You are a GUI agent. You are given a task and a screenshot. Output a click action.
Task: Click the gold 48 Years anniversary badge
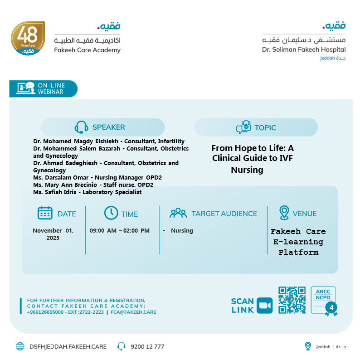28,39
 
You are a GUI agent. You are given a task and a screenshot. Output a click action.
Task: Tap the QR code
292,300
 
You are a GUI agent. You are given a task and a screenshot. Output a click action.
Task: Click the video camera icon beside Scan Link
264,305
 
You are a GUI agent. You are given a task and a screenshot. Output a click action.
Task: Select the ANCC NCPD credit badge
324,300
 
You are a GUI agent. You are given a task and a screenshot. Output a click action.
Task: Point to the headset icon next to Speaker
81,127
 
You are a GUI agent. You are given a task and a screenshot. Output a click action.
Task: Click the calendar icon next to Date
45,213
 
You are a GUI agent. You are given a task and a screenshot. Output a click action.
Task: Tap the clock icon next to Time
111,213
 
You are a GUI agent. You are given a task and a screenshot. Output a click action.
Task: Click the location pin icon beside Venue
284,213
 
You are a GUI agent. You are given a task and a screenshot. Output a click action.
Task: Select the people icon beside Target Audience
178,213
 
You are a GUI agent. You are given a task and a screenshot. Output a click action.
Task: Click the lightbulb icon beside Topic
243,127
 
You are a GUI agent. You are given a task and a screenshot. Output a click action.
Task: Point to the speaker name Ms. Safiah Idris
55,192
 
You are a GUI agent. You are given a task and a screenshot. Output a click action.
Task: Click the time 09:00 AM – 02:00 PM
119,231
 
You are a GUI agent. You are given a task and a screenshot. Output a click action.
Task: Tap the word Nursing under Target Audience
182,231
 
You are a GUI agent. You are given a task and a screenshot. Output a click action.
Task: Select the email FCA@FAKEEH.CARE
133,312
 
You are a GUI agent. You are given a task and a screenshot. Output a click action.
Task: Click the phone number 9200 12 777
147,347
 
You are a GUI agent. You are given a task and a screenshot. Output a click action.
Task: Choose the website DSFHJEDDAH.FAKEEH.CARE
68,347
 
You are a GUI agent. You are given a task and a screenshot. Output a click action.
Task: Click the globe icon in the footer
20,347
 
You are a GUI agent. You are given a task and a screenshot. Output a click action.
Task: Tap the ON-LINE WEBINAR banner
44,88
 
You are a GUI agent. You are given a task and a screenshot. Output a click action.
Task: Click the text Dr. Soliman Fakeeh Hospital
303,49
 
